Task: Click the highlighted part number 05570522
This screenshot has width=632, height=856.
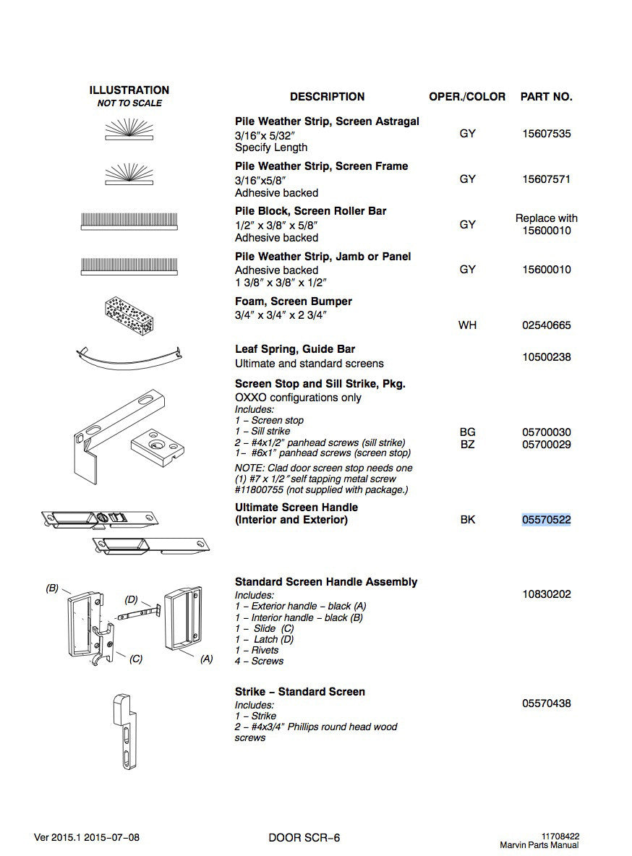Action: point(546,520)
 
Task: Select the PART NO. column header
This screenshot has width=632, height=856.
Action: point(546,97)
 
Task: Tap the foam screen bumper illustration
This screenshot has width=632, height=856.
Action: point(129,316)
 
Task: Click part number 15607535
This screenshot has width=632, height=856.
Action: point(546,134)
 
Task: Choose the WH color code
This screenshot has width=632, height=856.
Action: point(468,325)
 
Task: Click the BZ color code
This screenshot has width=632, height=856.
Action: point(468,445)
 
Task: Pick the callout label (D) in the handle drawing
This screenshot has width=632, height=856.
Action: point(131,599)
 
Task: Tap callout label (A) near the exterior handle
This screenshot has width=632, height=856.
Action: point(207,659)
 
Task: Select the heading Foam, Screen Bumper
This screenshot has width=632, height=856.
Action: point(294,301)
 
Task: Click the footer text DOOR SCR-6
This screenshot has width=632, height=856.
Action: point(304,837)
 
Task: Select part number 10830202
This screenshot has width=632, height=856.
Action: point(546,594)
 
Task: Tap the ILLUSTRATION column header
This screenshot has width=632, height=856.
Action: point(129,90)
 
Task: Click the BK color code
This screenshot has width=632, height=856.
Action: point(468,520)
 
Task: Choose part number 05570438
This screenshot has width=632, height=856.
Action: point(546,703)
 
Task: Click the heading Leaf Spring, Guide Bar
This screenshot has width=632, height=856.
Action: point(295,349)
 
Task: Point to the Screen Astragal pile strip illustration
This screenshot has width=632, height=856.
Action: point(129,130)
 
